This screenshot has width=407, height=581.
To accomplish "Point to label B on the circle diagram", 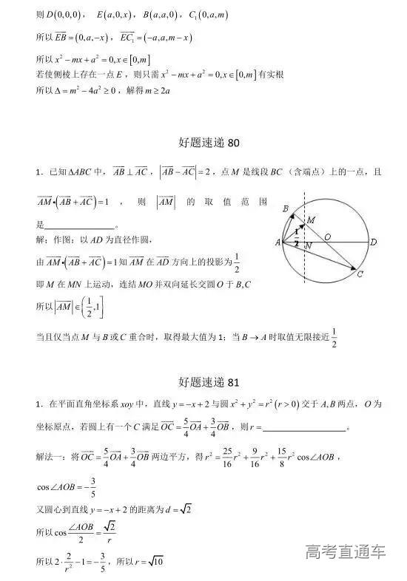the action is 286,209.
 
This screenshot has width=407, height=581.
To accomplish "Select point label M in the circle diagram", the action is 311,220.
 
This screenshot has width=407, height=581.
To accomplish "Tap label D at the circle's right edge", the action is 374,242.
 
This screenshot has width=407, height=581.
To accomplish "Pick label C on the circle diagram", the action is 360,275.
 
